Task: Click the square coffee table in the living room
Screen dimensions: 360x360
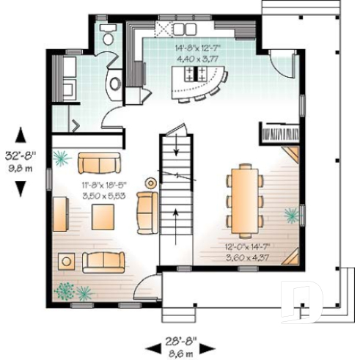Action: point(103,216)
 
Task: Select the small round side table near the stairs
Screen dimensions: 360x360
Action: point(152,183)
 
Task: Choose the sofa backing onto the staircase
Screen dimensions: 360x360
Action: point(147,213)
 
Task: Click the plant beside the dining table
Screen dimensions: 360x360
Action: point(293,214)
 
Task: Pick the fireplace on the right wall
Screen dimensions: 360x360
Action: point(280,134)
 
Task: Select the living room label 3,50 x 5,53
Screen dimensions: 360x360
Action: point(103,197)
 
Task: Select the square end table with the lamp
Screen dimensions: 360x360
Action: point(68,260)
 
